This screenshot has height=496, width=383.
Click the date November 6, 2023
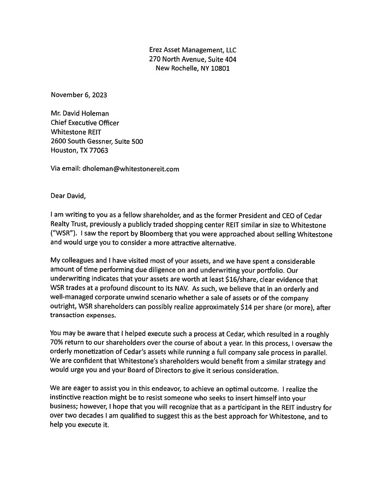[79, 94]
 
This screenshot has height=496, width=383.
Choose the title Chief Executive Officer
[85, 123]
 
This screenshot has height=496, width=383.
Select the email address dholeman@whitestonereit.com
[131, 169]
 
